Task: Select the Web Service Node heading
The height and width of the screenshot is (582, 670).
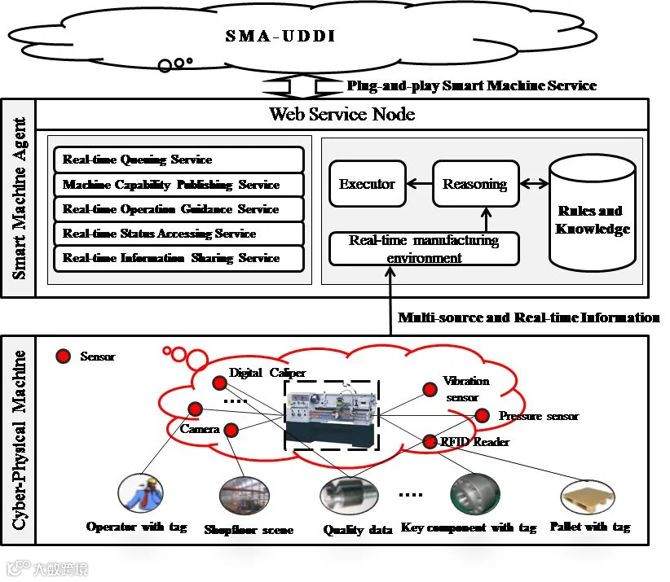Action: click(342, 114)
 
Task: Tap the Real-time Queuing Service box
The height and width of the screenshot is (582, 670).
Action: click(178, 160)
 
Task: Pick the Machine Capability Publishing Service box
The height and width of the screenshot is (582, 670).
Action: click(178, 185)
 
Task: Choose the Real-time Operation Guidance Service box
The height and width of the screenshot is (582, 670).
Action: click(178, 209)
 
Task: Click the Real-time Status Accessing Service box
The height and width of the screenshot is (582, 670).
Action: click(178, 234)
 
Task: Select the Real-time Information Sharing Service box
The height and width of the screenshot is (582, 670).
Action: click(178, 258)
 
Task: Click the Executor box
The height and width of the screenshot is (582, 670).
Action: click(367, 185)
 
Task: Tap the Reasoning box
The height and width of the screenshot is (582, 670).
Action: click(475, 185)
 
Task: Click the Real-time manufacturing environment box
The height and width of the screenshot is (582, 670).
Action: click(423, 249)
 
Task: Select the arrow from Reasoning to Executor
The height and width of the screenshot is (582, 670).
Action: click(419, 185)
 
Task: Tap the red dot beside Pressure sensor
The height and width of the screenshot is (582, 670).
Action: click(482, 416)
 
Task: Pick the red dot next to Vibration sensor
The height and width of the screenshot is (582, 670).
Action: click(430, 389)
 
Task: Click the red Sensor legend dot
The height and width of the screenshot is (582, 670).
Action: click(62, 357)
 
